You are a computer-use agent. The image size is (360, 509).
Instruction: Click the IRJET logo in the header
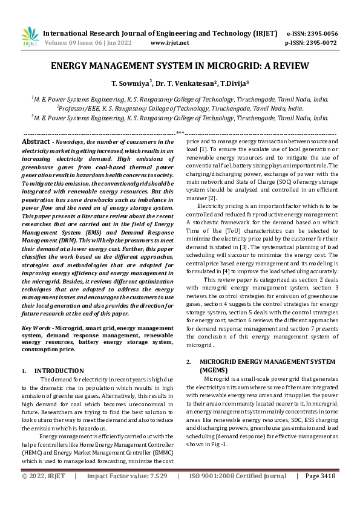pyautogui.click(x=30, y=36)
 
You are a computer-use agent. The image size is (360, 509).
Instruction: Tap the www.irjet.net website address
pyautogui.click(x=169, y=43)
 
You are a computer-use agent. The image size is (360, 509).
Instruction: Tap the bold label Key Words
pyautogui.click(x=35, y=327)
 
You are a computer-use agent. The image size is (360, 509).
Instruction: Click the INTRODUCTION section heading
pyautogui.click(x=59, y=370)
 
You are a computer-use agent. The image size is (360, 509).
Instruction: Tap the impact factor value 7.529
pyautogui.click(x=157, y=493)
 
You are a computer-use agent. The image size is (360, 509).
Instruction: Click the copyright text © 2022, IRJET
pyautogui.click(x=45, y=493)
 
